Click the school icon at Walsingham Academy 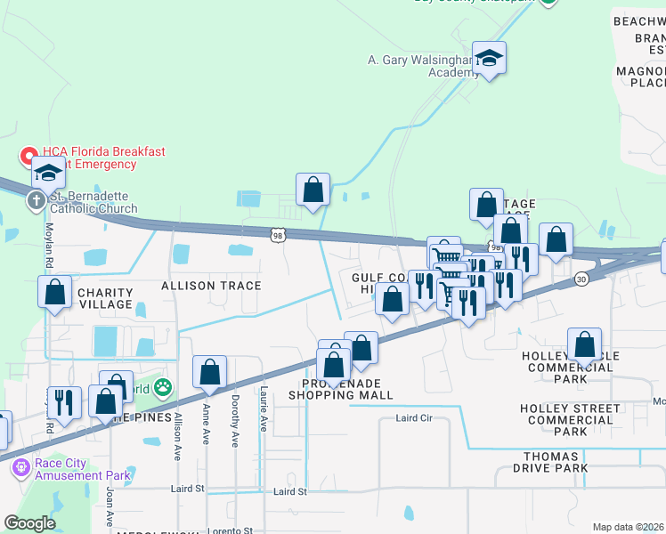point(489,59)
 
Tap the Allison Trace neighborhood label point(211,286)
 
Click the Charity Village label point(105,299)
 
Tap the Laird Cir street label point(412,418)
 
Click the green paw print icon point(163,387)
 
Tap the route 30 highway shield point(581,279)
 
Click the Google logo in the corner point(29,523)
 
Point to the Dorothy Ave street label point(235,408)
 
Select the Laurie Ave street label point(264,408)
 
